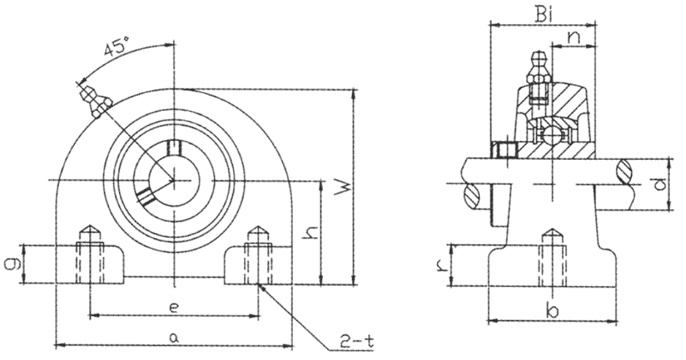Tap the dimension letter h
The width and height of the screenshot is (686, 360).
pos(310,233)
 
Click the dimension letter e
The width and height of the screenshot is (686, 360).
pos(173,308)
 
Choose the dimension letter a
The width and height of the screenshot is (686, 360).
pos(173,337)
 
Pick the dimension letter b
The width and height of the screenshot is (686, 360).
pos(554,312)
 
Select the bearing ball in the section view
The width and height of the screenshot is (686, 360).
pos(552,134)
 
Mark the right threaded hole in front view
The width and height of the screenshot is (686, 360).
pos(256,259)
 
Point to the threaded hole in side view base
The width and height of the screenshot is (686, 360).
pos(552,263)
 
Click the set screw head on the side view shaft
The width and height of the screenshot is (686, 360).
pos(504,151)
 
